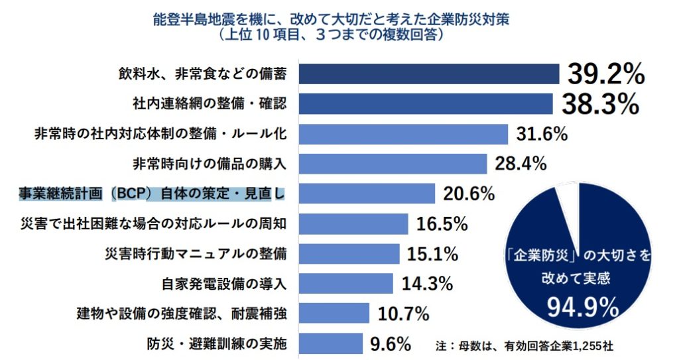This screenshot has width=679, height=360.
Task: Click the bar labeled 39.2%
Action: [x=428, y=74]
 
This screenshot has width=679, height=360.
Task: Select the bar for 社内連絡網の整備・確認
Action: [x=425, y=103]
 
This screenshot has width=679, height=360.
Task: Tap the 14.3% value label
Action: [x=427, y=284]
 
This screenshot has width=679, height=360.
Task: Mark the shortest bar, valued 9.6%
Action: [x=330, y=343]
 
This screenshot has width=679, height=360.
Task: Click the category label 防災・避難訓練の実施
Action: [x=217, y=344]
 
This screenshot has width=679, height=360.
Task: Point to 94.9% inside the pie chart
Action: [x=583, y=307]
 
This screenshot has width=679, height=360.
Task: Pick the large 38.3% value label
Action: [x=600, y=103]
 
